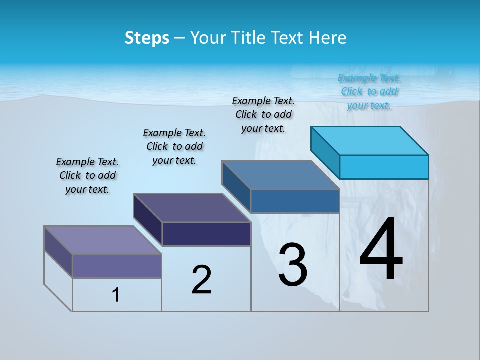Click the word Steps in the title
click(147, 38)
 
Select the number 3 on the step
click(293, 265)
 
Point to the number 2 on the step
click(202, 280)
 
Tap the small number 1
click(116, 295)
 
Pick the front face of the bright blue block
click(384, 167)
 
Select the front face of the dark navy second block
click(206, 234)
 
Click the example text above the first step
click(87, 175)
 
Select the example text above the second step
click(174, 146)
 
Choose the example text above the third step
click(263, 114)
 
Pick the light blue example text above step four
click(369, 91)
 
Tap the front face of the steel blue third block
click(295, 201)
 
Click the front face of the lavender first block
click(117, 266)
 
